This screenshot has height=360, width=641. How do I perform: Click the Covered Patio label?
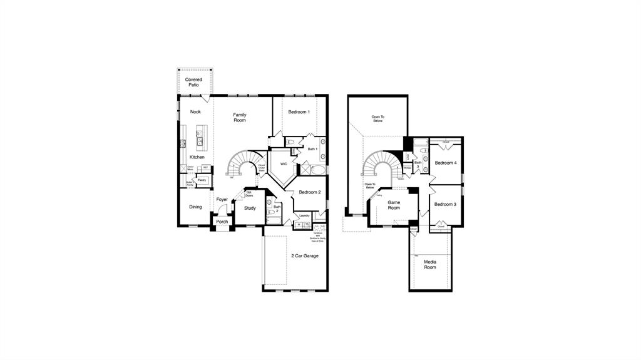pyautogui.click(x=193, y=82)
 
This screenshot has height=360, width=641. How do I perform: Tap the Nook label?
pyautogui.click(x=195, y=112)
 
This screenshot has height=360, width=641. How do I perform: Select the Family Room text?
pyautogui.click(x=240, y=118)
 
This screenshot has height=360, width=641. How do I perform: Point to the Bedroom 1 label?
pyautogui.click(x=299, y=112)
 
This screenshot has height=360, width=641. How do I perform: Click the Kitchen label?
pyautogui.click(x=197, y=157)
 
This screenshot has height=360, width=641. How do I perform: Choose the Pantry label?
pyautogui.click(x=202, y=180)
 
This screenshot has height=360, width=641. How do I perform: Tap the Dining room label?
pyautogui.click(x=196, y=207)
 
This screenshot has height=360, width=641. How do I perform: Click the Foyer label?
pyautogui.click(x=222, y=200)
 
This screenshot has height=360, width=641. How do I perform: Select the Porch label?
pyautogui.click(x=222, y=222)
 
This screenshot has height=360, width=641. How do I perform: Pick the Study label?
pyautogui.click(x=250, y=208)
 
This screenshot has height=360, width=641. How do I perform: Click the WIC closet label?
pyautogui.click(x=284, y=164)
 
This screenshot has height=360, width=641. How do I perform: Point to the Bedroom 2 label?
pyautogui.click(x=309, y=192)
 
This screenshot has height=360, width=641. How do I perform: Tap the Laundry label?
pyautogui.click(x=304, y=215)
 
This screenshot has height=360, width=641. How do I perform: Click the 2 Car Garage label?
pyautogui.click(x=305, y=255)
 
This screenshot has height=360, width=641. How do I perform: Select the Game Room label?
pyautogui.click(x=394, y=205)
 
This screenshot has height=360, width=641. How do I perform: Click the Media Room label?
pyautogui.click(x=430, y=264)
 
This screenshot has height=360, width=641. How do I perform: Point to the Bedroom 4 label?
pyautogui.click(x=446, y=163)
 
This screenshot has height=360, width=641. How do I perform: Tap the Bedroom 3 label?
pyautogui.click(x=445, y=204)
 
